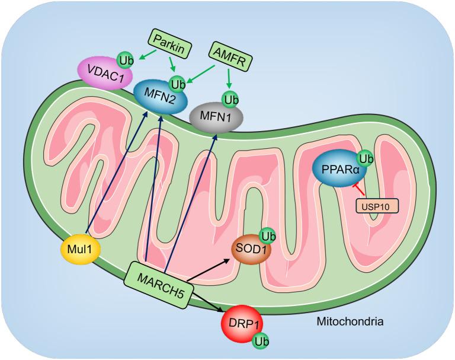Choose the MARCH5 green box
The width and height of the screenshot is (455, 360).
[x=159, y=281]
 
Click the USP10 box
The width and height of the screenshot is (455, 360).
[x=377, y=205]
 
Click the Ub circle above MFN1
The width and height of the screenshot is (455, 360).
[x=229, y=97]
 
